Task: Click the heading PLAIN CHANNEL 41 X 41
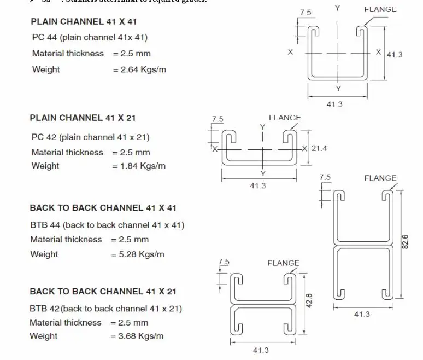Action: tap(83, 22)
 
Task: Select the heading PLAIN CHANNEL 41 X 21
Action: tap(83, 118)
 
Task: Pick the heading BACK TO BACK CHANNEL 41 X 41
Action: tap(103, 208)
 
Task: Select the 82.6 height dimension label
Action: tap(405, 241)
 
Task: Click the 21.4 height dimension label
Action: tap(319, 148)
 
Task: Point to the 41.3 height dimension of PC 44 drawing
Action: tap(394, 55)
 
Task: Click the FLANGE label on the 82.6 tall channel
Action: tap(380, 178)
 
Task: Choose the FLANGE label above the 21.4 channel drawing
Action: tap(285, 118)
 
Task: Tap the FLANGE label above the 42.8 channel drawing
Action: tap(283, 263)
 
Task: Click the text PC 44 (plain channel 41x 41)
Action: tap(90, 37)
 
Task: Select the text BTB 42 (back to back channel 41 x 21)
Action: tap(105, 309)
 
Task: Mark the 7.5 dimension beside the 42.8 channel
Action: tap(224, 262)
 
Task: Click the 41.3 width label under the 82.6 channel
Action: tap(362, 314)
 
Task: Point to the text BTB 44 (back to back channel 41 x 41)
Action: tap(107, 225)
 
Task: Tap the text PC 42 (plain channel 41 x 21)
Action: tap(90, 137)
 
